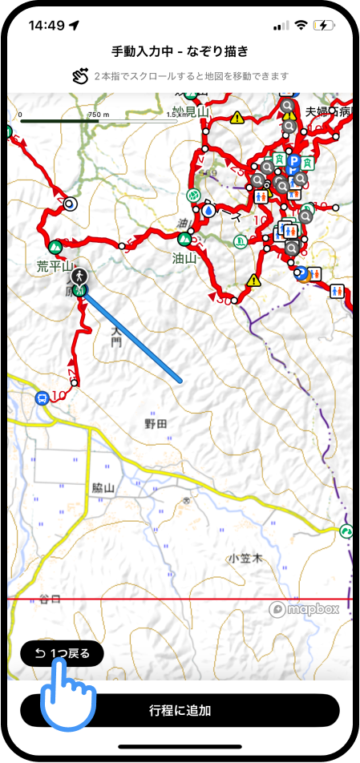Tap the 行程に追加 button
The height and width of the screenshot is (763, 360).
180,710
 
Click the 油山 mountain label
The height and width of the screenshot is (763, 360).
184,258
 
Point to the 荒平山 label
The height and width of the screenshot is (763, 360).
55,265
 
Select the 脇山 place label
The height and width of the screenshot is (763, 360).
104,488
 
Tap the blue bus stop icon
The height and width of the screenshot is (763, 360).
41,398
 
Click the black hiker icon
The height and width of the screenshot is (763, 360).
79,277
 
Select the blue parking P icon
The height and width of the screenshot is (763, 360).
293,161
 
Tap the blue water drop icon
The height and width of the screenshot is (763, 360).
209,210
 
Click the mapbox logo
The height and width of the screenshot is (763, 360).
304,608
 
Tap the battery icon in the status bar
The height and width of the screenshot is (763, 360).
325,25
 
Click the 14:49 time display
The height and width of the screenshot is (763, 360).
47,25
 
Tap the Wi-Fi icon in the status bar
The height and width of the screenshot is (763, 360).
301,25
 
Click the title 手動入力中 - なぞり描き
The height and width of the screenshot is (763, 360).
180,51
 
